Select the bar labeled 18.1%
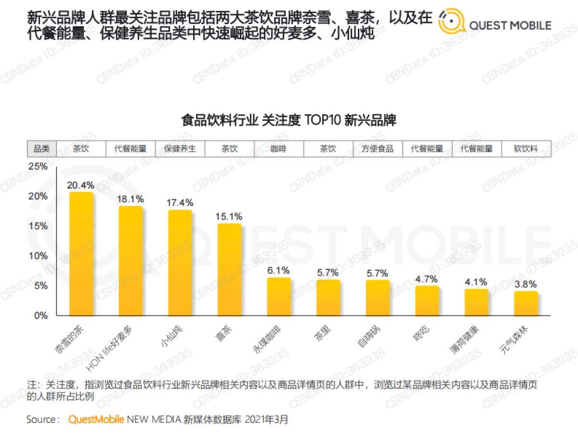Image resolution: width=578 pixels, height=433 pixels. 131,261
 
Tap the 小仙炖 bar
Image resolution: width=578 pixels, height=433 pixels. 180,263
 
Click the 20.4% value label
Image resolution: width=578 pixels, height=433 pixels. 80,185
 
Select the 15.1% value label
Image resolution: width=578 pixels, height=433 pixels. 229,216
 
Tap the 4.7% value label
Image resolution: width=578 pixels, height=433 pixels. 427,279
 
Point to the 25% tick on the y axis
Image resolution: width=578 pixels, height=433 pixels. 39,166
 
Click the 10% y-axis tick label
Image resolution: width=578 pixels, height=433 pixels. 39,255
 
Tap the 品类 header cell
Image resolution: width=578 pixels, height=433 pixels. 41,149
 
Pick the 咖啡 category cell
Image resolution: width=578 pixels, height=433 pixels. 278,149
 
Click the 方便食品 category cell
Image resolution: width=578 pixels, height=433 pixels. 378,149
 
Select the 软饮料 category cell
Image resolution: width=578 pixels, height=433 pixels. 526,149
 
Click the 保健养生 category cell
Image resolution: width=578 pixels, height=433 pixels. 180,149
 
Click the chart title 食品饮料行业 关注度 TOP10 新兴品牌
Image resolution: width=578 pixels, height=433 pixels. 289,120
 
